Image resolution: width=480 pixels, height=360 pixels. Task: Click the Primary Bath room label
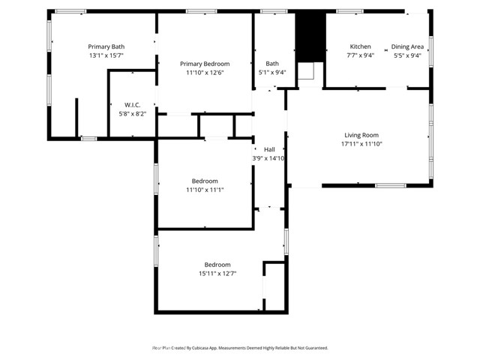[x=106, y=46]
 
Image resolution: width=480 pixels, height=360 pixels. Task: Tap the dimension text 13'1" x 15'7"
[x=106, y=55]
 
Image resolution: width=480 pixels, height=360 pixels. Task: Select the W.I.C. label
[x=133, y=104]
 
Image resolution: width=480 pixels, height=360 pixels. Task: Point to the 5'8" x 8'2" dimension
[x=133, y=113]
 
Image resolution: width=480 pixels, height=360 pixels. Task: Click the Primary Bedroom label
[x=205, y=64]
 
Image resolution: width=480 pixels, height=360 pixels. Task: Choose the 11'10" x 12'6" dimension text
[x=205, y=73]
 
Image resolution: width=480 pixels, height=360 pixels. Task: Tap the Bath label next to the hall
[x=271, y=64]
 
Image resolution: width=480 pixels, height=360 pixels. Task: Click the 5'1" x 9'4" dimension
[x=271, y=73]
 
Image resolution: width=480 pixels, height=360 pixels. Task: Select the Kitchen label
[x=360, y=46]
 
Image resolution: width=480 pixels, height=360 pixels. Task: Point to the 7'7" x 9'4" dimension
[x=360, y=55]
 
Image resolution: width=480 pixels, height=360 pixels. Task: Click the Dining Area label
[x=406, y=46]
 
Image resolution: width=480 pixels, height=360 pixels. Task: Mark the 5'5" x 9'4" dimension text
[x=406, y=55]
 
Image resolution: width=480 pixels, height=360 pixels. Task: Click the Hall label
[x=269, y=149]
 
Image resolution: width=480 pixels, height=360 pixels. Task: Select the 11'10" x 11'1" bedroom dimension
[x=205, y=190]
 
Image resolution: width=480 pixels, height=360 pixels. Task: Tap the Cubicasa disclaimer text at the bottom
[x=240, y=348]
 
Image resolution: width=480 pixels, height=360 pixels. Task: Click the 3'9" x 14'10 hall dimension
[x=269, y=158]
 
